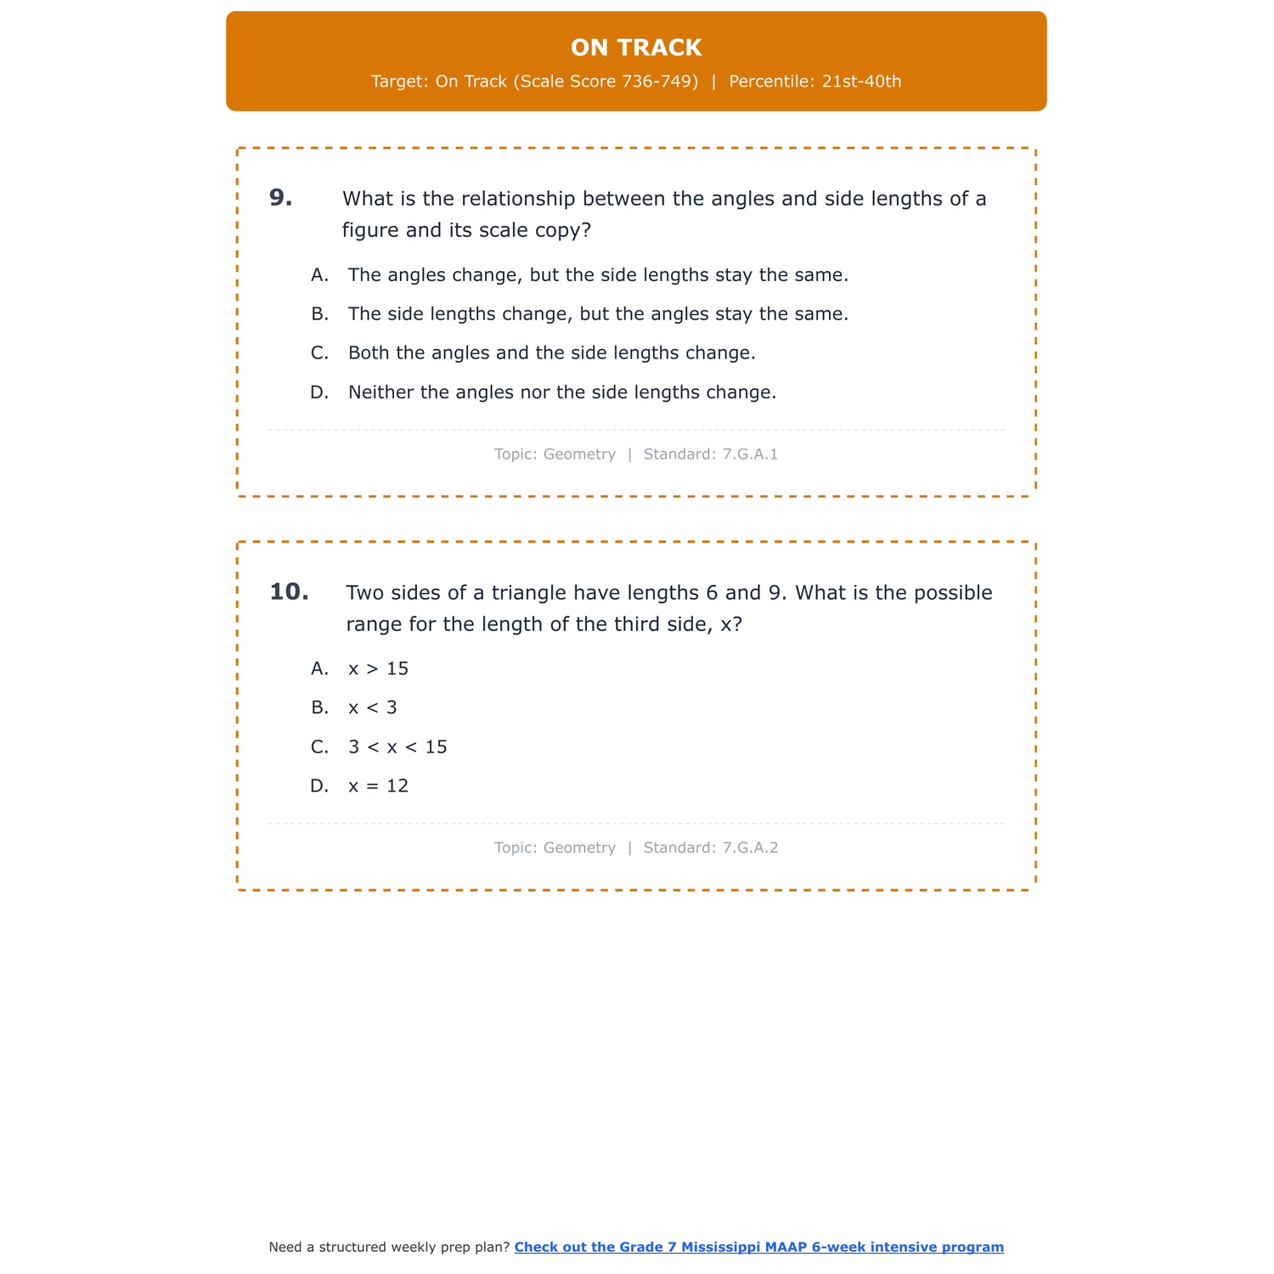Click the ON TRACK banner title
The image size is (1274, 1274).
click(x=636, y=48)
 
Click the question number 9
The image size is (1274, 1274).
click(x=280, y=198)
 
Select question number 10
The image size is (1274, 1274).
click(x=289, y=592)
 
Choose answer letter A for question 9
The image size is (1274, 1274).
click(x=319, y=275)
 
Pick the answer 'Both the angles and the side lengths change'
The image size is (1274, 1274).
click(x=551, y=352)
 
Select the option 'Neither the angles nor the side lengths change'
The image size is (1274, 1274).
click(x=561, y=392)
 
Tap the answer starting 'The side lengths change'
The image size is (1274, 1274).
click(x=598, y=314)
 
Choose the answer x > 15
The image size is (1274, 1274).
click(x=378, y=668)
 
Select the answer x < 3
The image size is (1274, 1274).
click(x=372, y=707)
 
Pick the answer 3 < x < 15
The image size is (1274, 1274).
click(x=397, y=747)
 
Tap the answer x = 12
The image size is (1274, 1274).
click(x=378, y=786)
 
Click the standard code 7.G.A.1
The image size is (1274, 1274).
click(x=750, y=454)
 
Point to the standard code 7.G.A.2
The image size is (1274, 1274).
click(x=750, y=848)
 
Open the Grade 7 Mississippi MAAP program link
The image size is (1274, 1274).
click(x=758, y=1247)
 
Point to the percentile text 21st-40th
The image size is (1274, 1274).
click(x=861, y=82)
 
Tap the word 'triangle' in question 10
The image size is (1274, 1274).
click(x=528, y=592)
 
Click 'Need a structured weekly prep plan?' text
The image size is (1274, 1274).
click(x=389, y=1247)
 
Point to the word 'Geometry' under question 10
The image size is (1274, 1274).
click(x=579, y=848)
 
